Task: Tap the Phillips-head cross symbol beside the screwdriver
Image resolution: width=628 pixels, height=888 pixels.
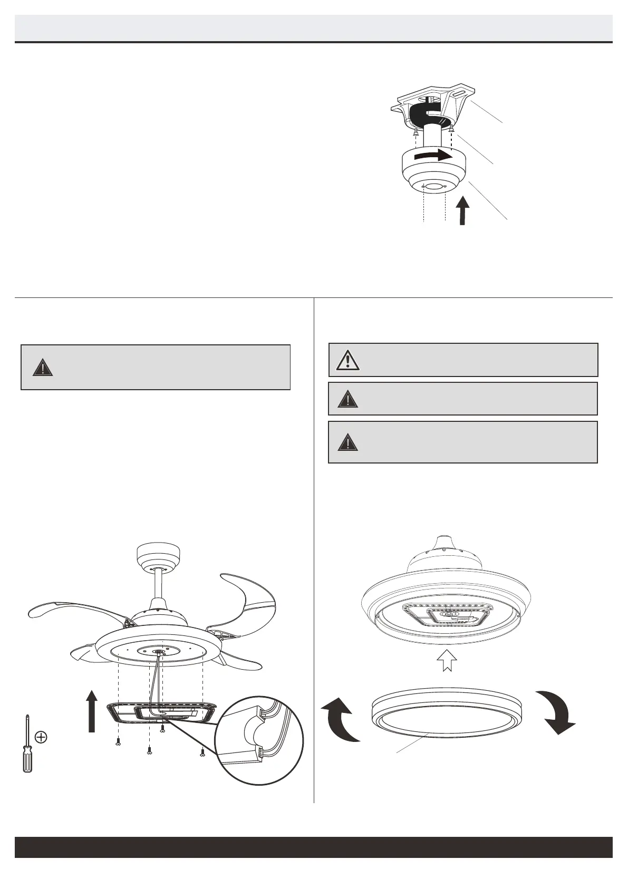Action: click(41, 737)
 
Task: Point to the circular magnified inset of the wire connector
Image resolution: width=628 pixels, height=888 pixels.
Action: click(260, 744)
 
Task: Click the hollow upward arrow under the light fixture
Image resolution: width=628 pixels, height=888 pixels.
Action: click(447, 660)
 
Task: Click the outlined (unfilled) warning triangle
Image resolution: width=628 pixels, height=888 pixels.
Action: click(347, 360)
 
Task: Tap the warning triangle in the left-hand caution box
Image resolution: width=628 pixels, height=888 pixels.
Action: click(42, 367)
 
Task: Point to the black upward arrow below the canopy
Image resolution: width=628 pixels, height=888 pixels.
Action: click(462, 210)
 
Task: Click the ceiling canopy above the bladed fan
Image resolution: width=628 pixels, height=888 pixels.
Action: click(158, 555)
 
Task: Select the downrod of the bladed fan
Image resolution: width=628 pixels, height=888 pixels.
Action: click(158, 585)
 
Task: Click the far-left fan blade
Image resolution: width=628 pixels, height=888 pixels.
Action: click(74, 610)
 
